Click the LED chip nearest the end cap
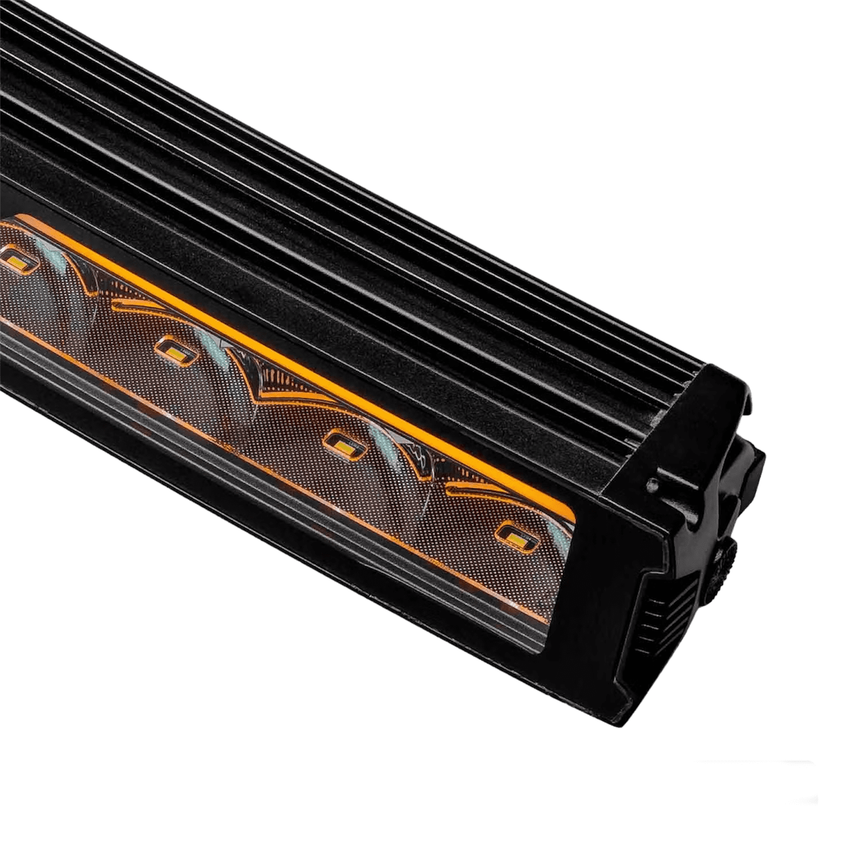[x=515, y=532]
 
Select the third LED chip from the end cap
[x=172, y=348]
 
